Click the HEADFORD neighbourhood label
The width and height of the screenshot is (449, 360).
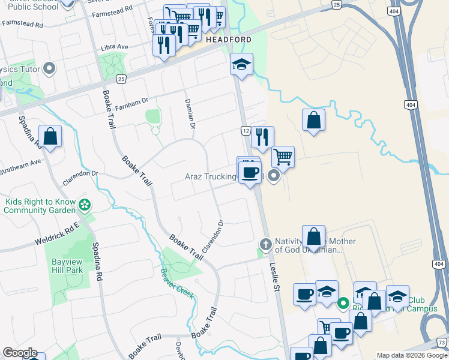228,39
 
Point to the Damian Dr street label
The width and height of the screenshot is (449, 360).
190,114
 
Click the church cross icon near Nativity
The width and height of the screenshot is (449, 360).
265,243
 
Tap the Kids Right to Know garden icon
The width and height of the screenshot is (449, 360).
85,205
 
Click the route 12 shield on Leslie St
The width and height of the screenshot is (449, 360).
246,130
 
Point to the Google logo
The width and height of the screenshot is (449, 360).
20,353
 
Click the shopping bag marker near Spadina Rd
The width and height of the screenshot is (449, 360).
50,136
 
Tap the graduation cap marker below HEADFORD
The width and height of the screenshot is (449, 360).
242,65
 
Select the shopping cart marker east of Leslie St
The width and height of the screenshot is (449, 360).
283,158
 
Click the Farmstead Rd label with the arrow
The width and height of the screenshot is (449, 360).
23,26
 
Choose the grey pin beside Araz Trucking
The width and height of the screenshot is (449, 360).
274,176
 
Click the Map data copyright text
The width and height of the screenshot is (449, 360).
412,355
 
